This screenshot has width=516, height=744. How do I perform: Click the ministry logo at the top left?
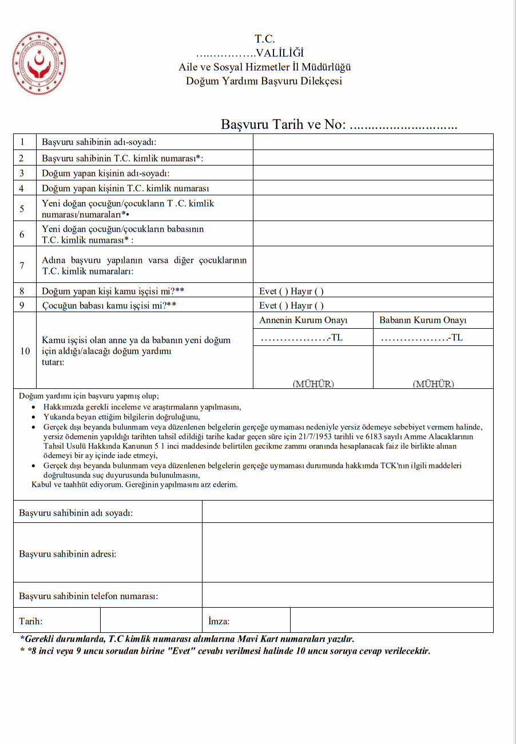[39, 63]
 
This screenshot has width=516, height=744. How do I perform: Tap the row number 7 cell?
[22, 265]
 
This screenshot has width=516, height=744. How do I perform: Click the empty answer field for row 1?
[373, 142]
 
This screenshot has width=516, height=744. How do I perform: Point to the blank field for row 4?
[373, 188]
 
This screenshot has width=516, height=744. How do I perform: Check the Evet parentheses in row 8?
[283, 292]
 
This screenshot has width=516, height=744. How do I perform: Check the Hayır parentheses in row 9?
[319, 306]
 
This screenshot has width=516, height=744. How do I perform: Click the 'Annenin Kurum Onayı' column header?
[303, 320]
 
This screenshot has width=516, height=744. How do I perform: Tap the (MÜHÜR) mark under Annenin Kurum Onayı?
[313, 384]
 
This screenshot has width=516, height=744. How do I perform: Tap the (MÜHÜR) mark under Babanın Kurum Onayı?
[433, 384]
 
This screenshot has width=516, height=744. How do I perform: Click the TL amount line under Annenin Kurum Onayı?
[301, 338]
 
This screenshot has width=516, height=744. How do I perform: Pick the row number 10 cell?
[25, 351]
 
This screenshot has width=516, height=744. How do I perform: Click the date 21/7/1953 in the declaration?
[317, 437]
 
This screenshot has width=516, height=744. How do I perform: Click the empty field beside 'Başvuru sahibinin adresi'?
[347, 553]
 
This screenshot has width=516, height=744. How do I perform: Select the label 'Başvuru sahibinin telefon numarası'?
[89, 596]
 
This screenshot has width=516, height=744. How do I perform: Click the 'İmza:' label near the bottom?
[219, 621]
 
